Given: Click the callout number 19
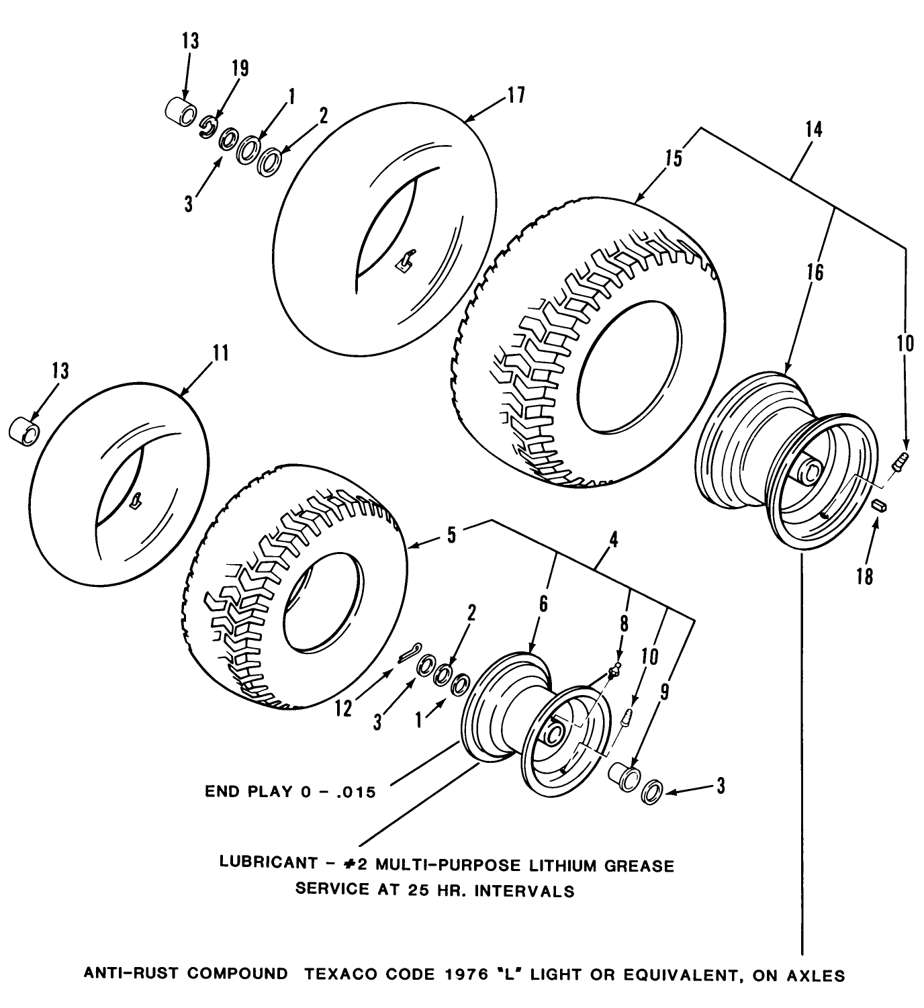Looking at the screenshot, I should [x=239, y=68].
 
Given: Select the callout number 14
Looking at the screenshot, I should [x=813, y=129].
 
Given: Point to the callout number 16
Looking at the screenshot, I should [x=815, y=273].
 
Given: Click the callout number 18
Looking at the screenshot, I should [x=865, y=576].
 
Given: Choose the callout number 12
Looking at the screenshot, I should [x=343, y=708].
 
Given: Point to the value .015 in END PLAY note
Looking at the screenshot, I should [x=353, y=792].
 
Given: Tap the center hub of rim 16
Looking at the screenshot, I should [x=808, y=470].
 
